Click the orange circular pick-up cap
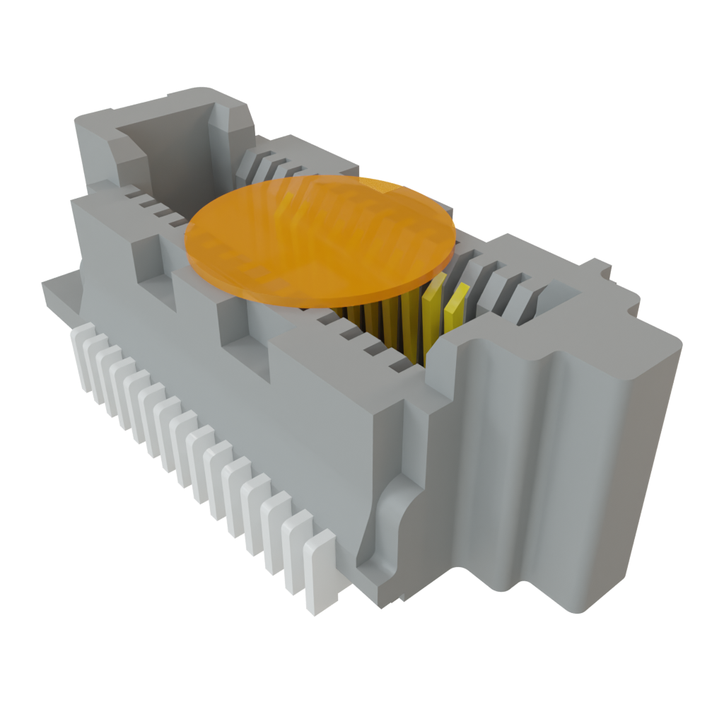tap(318, 233)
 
